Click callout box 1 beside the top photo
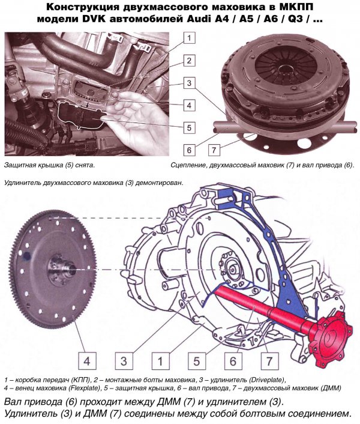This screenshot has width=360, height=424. click(x=190, y=38)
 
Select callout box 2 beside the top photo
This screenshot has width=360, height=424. click(x=190, y=60)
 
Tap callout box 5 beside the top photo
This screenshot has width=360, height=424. click(x=190, y=127)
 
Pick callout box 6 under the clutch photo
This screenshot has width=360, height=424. click(x=189, y=150)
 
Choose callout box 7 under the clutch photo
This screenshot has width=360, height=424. click(x=214, y=150)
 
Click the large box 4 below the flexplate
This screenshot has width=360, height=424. click(x=87, y=361)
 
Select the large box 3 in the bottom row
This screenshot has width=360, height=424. click(x=124, y=361)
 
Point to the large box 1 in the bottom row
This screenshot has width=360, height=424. click(x=160, y=361)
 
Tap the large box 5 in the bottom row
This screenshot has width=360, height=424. click(x=197, y=361)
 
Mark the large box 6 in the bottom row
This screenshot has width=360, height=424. click(x=233, y=361)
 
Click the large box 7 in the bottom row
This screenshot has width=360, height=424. click(x=269, y=361)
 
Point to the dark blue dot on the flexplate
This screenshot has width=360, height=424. click(x=27, y=256)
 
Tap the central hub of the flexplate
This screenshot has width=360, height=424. click(x=62, y=269)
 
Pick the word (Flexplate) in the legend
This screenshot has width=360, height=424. click(x=86, y=388)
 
